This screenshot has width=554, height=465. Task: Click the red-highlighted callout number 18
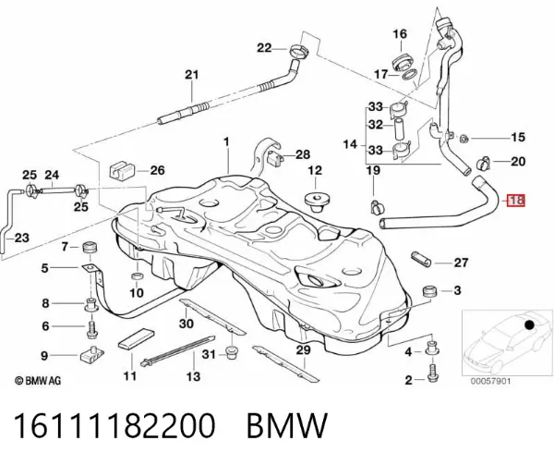coord(516,201)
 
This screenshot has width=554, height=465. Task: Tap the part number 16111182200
coord(114,425)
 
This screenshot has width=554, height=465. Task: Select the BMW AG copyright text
coord(38,381)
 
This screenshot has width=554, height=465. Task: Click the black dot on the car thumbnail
coord(529,324)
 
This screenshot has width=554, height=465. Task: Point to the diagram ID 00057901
coord(490,381)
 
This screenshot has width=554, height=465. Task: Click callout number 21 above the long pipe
coord(192,75)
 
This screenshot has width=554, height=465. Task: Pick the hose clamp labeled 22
coord(299,51)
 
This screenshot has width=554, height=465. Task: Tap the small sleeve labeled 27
coord(421,260)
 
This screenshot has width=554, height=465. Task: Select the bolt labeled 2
coord(432,373)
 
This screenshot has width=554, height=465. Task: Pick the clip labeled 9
coord(91,354)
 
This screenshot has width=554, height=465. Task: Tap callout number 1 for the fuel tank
coord(226,142)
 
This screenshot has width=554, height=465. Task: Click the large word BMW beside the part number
coord(287,425)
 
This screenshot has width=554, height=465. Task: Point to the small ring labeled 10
coord(137,275)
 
